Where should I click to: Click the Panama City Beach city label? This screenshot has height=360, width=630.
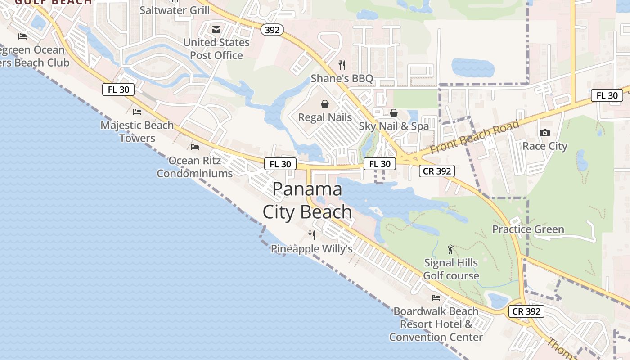click(x=307, y=200)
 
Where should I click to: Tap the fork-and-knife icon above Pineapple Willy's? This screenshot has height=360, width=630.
click(x=311, y=235)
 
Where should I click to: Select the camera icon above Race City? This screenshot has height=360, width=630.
click(x=544, y=133)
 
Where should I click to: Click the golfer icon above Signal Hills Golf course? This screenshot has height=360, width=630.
click(x=450, y=249)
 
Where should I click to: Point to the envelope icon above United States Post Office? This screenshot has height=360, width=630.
click(x=216, y=30)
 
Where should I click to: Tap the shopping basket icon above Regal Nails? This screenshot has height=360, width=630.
click(x=325, y=104)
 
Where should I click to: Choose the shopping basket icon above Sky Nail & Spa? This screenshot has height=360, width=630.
click(x=394, y=113)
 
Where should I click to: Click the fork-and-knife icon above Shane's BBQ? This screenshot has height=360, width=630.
click(x=342, y=65)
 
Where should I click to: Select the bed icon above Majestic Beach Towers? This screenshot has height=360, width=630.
click(x=137, y=112)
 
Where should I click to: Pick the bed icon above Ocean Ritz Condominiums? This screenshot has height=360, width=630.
click(x=195, y=147)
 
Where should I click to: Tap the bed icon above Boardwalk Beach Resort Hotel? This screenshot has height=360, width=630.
click(x=436, y=297)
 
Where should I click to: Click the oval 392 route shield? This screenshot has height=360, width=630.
click(x=272, y=30)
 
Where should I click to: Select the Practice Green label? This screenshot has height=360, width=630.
click(x=528, y=229)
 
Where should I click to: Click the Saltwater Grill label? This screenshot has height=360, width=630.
click(x=175, y=10)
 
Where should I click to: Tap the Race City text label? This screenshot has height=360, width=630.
click(x=544, y=146)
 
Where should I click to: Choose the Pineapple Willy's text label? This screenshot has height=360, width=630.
click(x=311, y=249)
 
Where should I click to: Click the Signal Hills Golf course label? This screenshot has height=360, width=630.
click(x=451, y=269)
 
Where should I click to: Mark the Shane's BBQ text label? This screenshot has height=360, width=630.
click(x=342, y=79)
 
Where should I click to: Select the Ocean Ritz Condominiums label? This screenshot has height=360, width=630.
click(x=195, y=167)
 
